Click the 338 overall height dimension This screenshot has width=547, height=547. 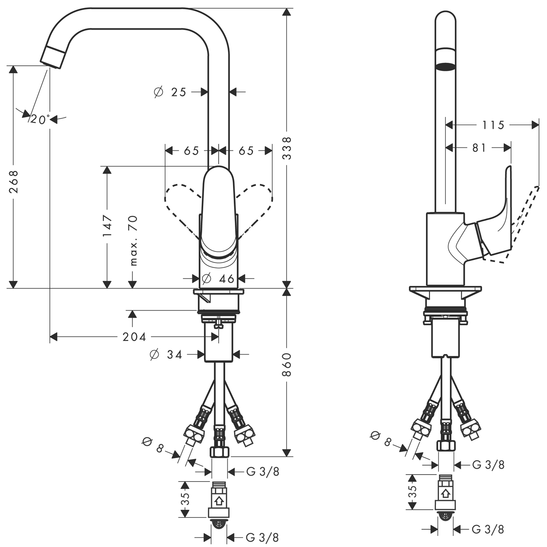pyautogui.click(x=287, y=148)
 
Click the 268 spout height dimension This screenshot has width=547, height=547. pyautogui.click(x=13, y=182)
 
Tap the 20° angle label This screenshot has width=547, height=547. pyautogui.click(x=40, y=120)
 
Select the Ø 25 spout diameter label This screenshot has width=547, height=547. pyautogui.click(x=170, y=92)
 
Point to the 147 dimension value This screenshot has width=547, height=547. pyautogui.click(x=107, y=226)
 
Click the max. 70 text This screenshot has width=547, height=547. pyautogui.click(x=133, y=241)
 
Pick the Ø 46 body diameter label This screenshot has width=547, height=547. pyautogui.click(x=218, y=279)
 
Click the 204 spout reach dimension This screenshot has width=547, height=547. pyautogui.click(x=134, y=337)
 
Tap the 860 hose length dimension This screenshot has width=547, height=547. pyautogui.click(x=287, y=365)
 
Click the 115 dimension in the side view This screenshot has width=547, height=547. pyautogui.click(x=493, y=125)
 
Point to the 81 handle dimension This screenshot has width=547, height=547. pyautogui.click(x=479, y=148)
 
